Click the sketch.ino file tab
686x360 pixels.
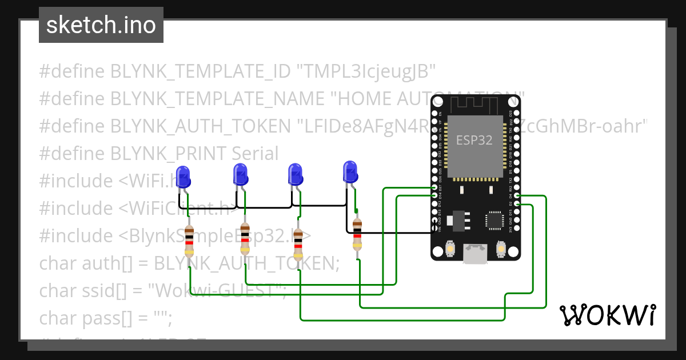pyautogui.click(x=101, y=25)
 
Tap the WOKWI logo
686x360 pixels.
pyautogui.click(x=607, y=315)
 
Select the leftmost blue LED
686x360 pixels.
pyautogui.click(x=183, y=175)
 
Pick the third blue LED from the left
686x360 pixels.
pyautogui.click(x=295, y=173)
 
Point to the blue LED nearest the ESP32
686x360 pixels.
pyautogui.click(x=350, y=171)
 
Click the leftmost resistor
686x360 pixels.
pyautogui.click(x=189, y=238)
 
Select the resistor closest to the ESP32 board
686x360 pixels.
pyautogui.click(x=357, y=234)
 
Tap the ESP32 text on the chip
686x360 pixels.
pyautogui.click(x=474, y=141)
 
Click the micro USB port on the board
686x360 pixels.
pyautogui.click(x=475, y=255)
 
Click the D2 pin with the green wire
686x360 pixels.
pyautogui.click(x=517, y=204)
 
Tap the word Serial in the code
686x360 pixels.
pyautogui.click(x=255, y=153)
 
